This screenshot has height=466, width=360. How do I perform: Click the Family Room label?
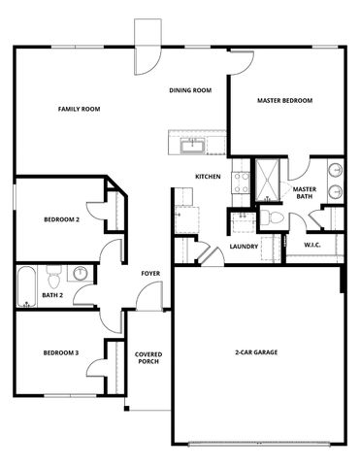[79, 109]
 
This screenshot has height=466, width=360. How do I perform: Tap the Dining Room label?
[190, 90]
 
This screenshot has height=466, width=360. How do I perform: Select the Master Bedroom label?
[284, 100]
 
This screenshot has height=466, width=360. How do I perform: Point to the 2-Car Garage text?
[256, 351]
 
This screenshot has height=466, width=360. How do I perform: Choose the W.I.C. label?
[312, 245]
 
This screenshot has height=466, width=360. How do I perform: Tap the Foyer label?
[150, 273]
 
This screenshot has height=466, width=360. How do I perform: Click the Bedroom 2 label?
[61, 219]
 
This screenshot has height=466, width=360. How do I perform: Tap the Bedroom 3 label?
[61, 352]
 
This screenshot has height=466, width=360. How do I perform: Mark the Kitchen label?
[208, 177]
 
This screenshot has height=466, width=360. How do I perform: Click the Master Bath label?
[304, 193]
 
